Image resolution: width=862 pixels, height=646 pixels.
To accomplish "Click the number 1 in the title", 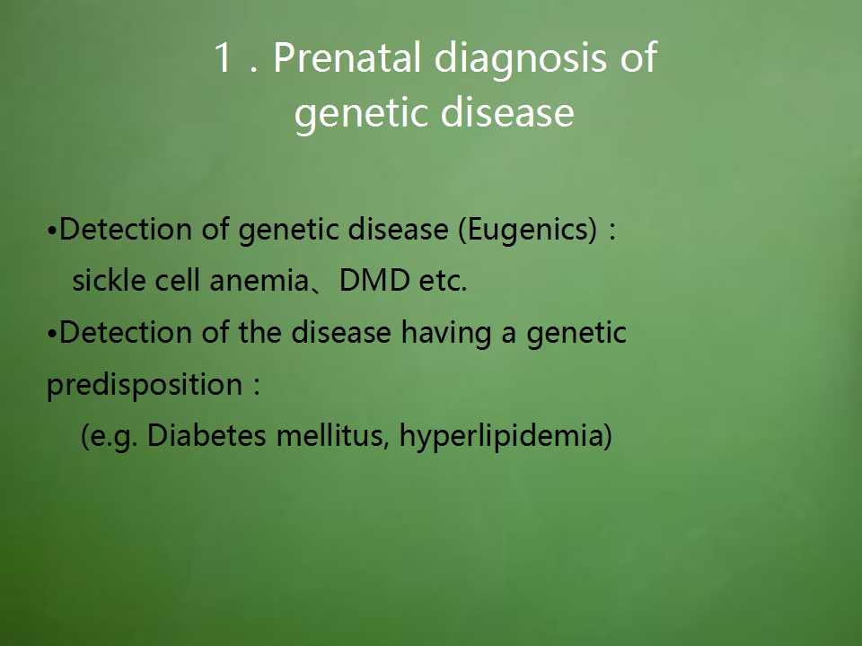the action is pyautogui.click(x=222, y=57).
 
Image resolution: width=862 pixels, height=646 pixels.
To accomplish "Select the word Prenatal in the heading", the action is pyautogui.click(x=347, y=57).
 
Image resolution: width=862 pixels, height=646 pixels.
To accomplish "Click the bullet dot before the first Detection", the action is pyautogui.click(x=52, y=231).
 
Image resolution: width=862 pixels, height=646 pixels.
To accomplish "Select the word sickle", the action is pyautogui.click(x=109, y=280).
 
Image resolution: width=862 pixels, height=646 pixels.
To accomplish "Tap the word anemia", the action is pyautogui.click(x=259, y=280).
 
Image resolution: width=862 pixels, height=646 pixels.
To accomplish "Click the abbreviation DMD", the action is pyautogui.click(x=374, y=280).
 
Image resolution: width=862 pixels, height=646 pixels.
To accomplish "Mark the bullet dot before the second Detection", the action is pyautogui.click(x=52, y=334).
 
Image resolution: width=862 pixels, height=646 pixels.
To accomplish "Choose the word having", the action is pyautogui.click(x=446, y=334).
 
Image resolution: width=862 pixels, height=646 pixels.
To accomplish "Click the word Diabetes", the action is pyautogui.click(x=207, y=436).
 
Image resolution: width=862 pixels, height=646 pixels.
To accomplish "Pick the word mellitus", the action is pyautogui.click(x=332, y=436).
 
